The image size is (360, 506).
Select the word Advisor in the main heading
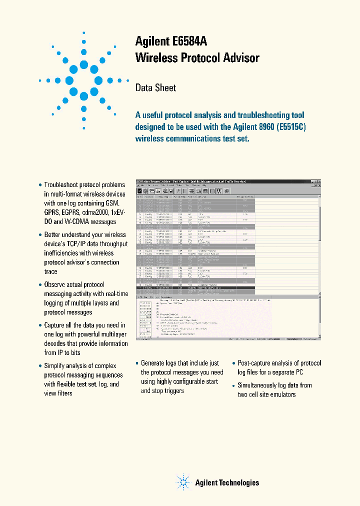point(240,58)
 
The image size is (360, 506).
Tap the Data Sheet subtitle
point(155,87)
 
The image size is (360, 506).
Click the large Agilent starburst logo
point(83,80)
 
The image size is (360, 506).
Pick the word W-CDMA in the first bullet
point(75,222)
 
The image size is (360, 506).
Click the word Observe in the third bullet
point(56,284)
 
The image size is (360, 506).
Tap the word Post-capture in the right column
point(255,363)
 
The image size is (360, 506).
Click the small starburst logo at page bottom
point(183,482)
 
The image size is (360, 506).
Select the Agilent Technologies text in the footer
point(227,482)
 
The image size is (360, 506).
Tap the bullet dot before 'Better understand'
point(40,235)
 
